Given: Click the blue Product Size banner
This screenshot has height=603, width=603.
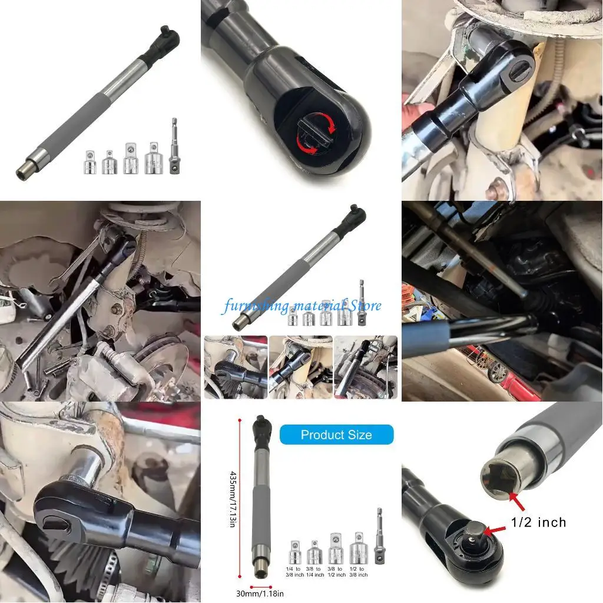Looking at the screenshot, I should click(336, 435).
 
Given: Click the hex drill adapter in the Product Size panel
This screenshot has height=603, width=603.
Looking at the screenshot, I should click(379, 536).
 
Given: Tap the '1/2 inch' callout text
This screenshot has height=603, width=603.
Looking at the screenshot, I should click(538, 522).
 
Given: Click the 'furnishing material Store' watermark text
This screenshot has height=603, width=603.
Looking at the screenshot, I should click(301, 306).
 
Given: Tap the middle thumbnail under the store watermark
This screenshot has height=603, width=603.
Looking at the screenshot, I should click(300, 367).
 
